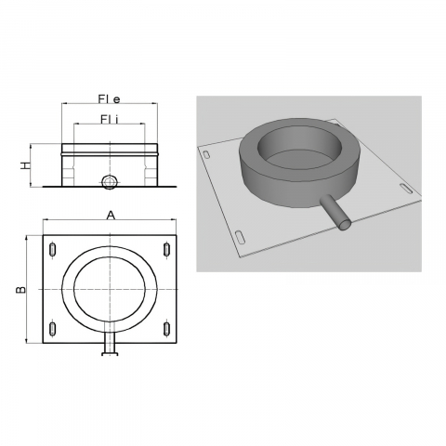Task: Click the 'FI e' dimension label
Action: pos(111,98)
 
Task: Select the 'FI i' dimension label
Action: pos(111,119)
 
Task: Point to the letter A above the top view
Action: pos(111,215)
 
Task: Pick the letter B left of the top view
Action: pos(20,288)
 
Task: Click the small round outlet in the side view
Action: pos(110,179)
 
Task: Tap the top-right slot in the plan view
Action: pos(166,249)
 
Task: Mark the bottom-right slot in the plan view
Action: pos(166,328)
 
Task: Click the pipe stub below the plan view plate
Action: pos(110,347)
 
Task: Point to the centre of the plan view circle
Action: pos(110,288)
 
